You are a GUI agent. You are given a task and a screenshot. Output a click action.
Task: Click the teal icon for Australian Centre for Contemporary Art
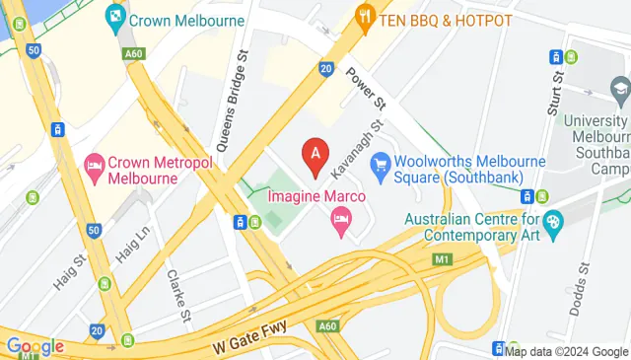pyautogui.click(x=554, y=221)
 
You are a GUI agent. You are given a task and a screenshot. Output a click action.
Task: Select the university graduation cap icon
pyautogui.click(x=620, y=92)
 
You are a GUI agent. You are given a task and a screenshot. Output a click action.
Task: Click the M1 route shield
pyautogui.click(x=441, y=259)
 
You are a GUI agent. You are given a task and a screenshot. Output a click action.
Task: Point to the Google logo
pyautogui.click(x=35, y=346)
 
